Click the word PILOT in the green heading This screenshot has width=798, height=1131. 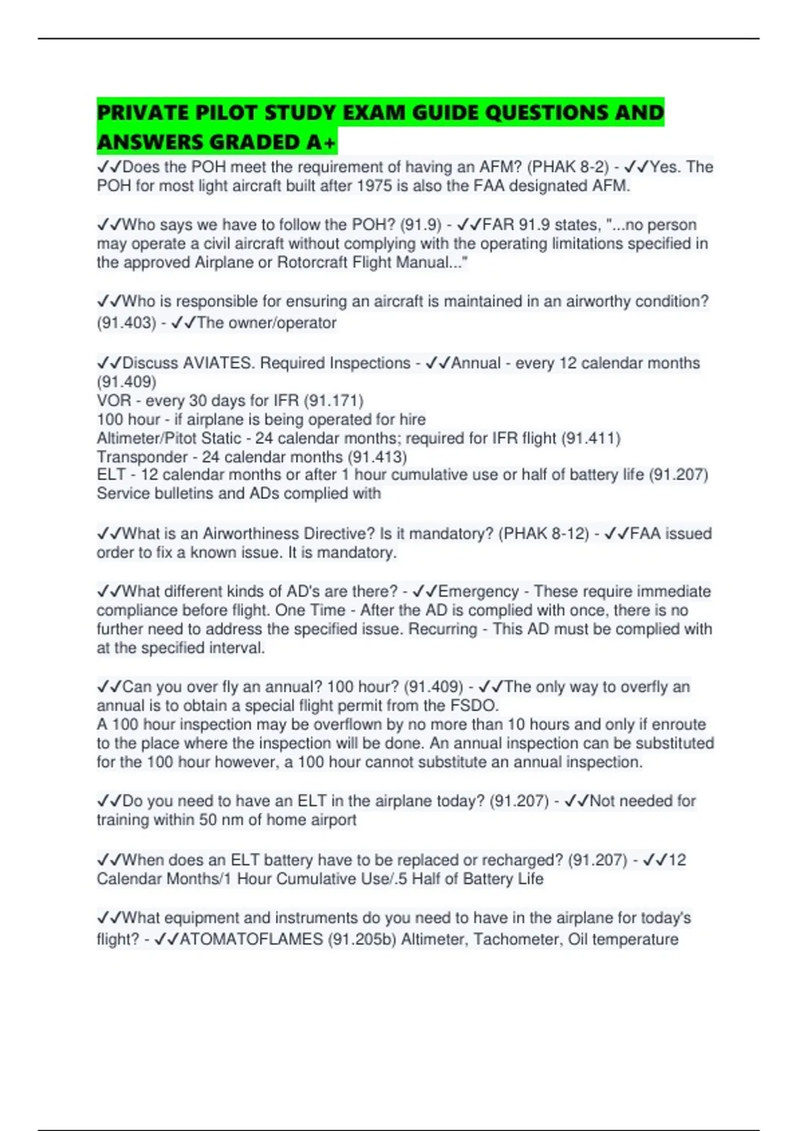point(225,112)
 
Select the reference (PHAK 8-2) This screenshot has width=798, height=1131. point(568,166)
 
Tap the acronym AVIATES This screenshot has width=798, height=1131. point(219,363)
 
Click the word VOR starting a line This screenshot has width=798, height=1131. point(112,401)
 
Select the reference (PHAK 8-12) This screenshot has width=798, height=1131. point(543,534)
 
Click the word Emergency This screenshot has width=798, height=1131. point(478,591)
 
